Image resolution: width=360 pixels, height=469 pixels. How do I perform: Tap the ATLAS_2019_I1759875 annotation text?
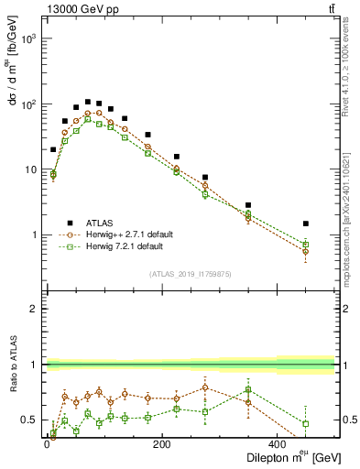click(189, 274)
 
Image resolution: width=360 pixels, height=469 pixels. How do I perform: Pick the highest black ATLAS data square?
click(88, 102)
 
